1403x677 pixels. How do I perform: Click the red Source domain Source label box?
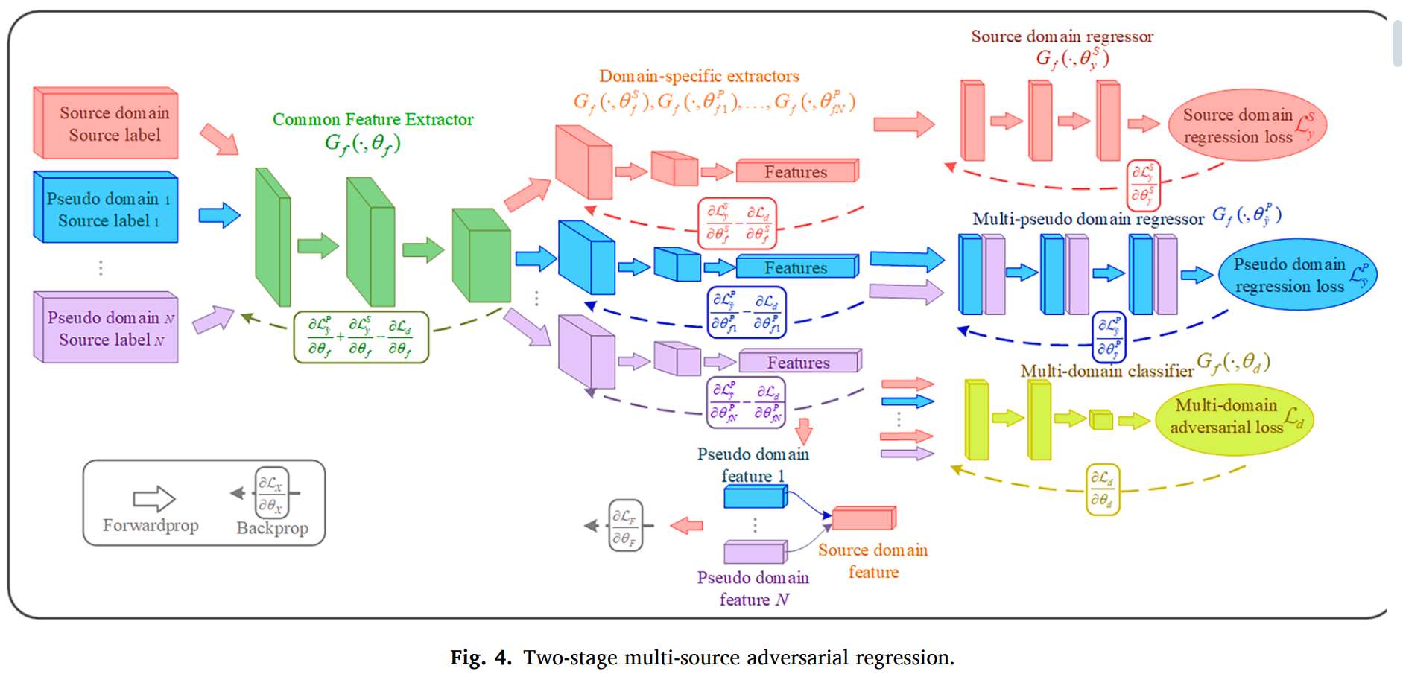106,124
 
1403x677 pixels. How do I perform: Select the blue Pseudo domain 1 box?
106,208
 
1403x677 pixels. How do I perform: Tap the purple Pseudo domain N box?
106,328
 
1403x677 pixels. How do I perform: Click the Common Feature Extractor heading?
373,119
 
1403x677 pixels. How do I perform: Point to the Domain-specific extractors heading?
699,76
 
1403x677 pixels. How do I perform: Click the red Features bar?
796,172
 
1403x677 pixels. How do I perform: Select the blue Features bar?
796,267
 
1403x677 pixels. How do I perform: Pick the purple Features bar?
799,362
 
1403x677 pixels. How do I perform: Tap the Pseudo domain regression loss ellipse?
1297,275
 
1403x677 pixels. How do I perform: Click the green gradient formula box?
361,337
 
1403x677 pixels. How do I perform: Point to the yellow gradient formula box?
1103,489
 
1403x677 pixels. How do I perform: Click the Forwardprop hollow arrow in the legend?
153,498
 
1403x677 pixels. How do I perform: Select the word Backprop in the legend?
272,528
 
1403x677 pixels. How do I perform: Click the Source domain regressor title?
1062,36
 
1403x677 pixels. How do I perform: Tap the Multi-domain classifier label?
1106,371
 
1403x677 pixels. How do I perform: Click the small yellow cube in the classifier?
1100,420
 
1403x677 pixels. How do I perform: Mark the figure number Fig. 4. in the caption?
481,658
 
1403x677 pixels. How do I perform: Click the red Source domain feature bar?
864,518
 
